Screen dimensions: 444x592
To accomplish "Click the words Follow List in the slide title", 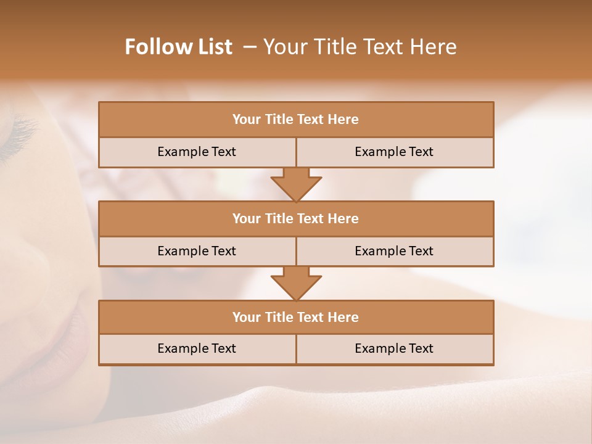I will pyautogui.click(x=178, y=47).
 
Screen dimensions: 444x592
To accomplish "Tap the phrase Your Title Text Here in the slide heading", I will pyautogui.click(x=360, y=47).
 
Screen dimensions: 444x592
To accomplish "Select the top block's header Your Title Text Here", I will pyautogui.click(x=295, y=120).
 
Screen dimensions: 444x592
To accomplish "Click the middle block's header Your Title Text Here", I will pyautogui.click(x=295, y=218).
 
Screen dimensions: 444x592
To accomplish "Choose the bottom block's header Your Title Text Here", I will pyautogui.click(x=295, y=317).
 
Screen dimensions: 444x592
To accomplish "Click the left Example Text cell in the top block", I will pyautogui.click(x=197, y=152).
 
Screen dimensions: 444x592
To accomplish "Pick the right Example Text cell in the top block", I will pyautogui.click(x=394, y=152).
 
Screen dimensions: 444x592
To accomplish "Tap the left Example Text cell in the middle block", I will pyautogui.click(x=197, y=251).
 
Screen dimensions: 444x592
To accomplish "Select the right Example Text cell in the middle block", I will pyautogui.click(x=394, y=251).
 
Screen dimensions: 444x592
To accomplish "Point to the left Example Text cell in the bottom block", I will pyautogui.click(x=197, y=348).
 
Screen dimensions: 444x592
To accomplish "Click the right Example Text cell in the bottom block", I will pyautogui.click(x=394, y=348).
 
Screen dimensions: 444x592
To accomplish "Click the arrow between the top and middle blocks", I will pyautogui.click(x=296, y=184).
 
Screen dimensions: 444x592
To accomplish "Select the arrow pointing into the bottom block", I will pyautogui.click(x=296, y=283).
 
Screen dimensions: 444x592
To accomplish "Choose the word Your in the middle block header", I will pyautogui.click(x=246, y=218).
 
